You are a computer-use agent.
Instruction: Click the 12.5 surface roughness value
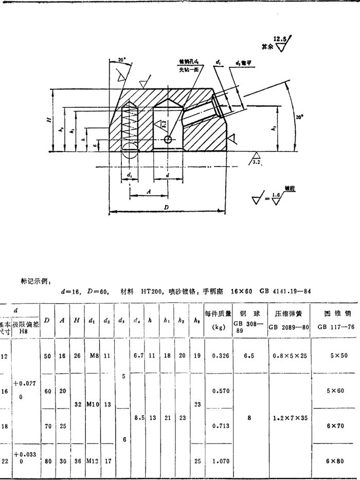click(280, 39)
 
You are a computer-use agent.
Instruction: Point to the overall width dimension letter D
click(166, 207)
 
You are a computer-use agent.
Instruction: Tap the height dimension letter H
click(49, 120)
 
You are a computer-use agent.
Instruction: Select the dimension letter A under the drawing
click(149, 190)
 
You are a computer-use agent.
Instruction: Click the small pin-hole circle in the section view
click(168, 139)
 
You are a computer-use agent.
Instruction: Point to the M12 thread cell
click(93, 461)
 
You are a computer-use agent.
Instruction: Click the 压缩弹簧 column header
click(288, 312)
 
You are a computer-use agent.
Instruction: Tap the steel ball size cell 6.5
click(249, 355)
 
